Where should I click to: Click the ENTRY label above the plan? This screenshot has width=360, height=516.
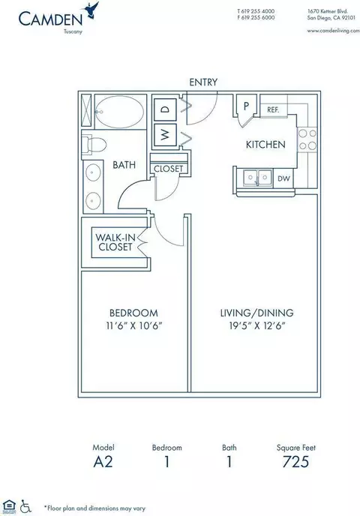pyautogui.click(x=203, y=82)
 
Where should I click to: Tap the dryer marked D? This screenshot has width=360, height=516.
pyautogui.click(x=166, y=109)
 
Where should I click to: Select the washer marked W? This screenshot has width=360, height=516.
pyautogui.click(x=166, y=134)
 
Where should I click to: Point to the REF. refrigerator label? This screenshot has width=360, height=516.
pyautogui.click(x=273, y=110)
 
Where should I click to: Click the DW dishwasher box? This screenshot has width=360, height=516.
pyautogui.click(x=283, y=178)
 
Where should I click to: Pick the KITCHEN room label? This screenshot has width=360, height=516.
pyautogui.click(x=265, y=145)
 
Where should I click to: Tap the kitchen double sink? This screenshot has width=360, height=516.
pyautogui.click(x=258, y=178)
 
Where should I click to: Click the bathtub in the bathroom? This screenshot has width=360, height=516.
pyautogui.click(x=121, y=112)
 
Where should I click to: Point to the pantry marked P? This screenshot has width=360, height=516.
pyautogui.click(x=246, y=106)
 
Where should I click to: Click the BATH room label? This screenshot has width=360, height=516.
pyautogui.click(x=124, y=164)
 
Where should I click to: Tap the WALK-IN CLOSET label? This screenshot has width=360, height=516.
pyautogui.click(x=115, y=242)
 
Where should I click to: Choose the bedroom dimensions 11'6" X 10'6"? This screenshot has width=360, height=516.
pyautogui.click(x=134, y=325)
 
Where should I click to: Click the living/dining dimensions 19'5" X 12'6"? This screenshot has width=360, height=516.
pyautogui.click(x=257, y=325)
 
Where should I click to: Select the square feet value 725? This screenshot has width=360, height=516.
pyautogui.click(x=295, y=461)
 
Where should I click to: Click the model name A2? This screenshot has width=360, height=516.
pyautogui.click(x=103, y=462)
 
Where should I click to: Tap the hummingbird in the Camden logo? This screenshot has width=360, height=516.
pyautogui.click(x=91, y=10)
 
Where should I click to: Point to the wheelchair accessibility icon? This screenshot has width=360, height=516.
pyautogui.click(x=25, y=506)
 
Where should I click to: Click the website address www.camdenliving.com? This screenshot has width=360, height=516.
pyautogui.click(x=333, y=31)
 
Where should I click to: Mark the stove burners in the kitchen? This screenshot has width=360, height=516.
pyautogui.click(x=307, y=139)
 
